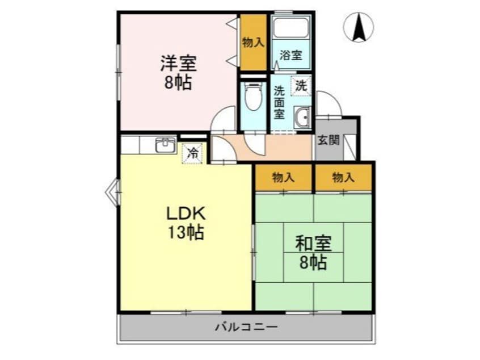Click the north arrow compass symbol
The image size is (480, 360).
coord(359,27)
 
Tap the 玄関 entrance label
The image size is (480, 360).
coord(328,139)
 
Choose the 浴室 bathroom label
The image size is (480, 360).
coord(290,56)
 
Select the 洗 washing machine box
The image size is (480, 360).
coord(301,86)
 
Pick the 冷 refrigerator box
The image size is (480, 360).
coord(193,152)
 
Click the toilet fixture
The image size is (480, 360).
coord(252,98)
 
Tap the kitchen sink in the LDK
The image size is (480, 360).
coord(166,145)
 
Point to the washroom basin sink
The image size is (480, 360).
coord(302,118)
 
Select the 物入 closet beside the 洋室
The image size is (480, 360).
coord(253,43)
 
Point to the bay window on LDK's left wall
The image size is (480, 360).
coord(112,191)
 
